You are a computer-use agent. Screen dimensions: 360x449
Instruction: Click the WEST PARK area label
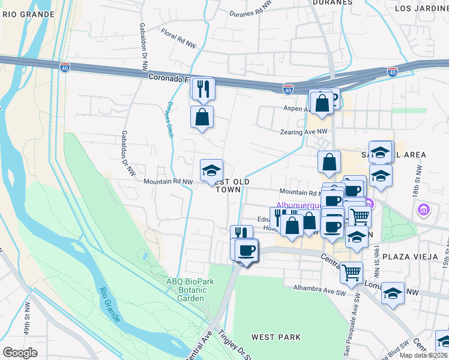(x=276, y=337)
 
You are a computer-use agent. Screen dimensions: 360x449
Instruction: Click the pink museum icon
(x=424, y=209)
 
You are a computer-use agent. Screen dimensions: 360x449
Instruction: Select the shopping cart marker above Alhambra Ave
(x=351, y=272)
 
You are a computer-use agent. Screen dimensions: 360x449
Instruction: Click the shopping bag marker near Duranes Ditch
(x=202, y=117)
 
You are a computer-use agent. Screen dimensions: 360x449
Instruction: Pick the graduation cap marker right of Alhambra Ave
(x=393, y=293)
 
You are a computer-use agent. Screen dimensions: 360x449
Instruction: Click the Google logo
(x=20, y=352)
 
